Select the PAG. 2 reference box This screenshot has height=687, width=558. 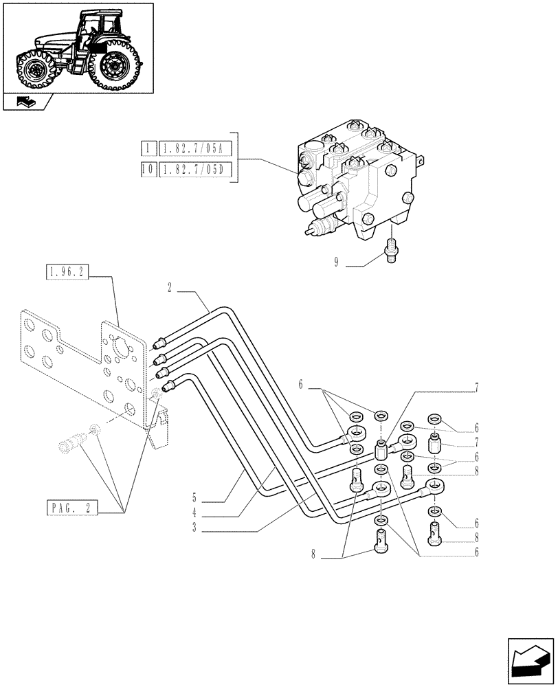tap(74, 508)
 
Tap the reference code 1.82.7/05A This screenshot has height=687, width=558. tap(196, 148)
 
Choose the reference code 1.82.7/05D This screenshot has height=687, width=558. tap(196, 170)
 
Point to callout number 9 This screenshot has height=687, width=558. tap(336, 262)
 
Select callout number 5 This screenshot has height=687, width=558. tap(195, 495)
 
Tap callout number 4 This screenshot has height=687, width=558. tap(195, 512)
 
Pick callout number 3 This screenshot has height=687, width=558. tap(195, 528)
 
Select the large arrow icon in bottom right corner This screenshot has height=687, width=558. tap(531, 660)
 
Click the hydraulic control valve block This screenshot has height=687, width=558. tap(357, 179)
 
